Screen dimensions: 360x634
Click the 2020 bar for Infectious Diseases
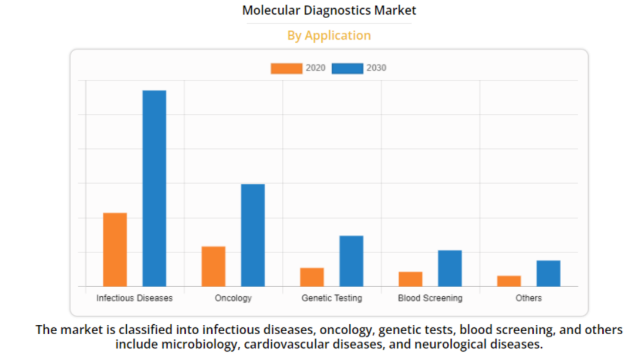(x=115, y=250)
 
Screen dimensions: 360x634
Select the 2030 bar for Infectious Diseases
(x=154, y=188)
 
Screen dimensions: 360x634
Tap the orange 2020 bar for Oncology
(x=213, y=266)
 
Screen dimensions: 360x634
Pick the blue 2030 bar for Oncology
(x=253, y=235)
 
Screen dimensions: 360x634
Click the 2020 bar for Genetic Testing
(x=312, y=277)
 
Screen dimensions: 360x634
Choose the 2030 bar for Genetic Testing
(x=351, y=261)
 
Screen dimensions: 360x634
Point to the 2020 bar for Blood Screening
(x=410, y=279)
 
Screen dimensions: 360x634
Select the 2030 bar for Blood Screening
(x=450, y=268)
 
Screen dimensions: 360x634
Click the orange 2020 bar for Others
(x=509, y=281)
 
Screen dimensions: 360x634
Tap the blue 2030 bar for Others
(x=548, y=273)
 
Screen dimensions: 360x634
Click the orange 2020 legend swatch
(x=286, y=68)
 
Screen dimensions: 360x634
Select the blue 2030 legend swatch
(x=348, y=68)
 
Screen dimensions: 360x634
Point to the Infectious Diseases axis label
(x=134, y=298)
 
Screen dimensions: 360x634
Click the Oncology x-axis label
(x=233, y=298)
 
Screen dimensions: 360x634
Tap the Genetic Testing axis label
(x=332, y=298)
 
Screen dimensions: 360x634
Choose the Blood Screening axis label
(x=430, y=298)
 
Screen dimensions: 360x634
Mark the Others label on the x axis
(x=528, y=298)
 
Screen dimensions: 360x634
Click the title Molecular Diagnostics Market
(x=329, y=11)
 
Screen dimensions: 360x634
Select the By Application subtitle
(x=329, y=36)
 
